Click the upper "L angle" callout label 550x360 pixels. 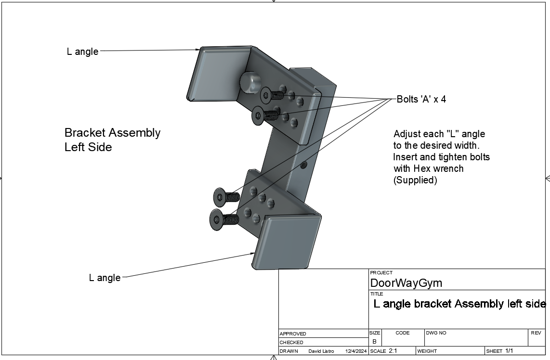[x=82, y=51]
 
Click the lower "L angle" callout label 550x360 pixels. [x=105, y=278]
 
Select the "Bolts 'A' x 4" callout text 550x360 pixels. [x=421, y=99]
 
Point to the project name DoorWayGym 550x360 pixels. [x=406, y=283]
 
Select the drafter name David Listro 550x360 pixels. [x=321, y=351]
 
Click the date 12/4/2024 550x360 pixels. [x=356, y=351]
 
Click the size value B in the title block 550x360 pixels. [x=374, y=341]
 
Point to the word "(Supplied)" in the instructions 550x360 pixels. [x=415, y=180]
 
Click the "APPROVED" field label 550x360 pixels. [x=293, y=334]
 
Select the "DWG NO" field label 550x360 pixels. [x=436, y=333]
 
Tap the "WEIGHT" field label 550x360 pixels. [x=427, y=351]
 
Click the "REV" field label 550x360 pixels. [x=536, y=333]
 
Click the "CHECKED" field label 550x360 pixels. [x=291, y=342]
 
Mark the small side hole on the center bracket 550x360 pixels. [x=303, y=165]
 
